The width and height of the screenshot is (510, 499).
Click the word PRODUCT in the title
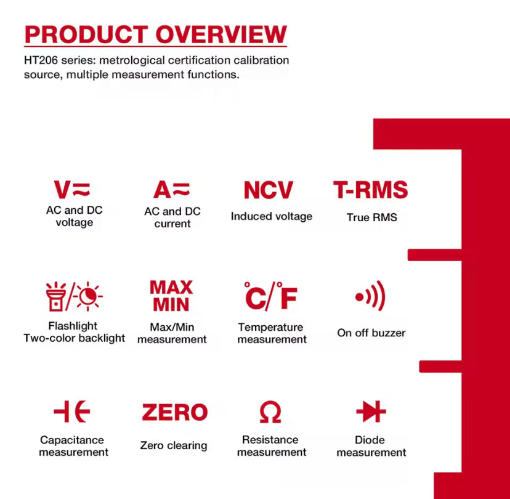[86, 34]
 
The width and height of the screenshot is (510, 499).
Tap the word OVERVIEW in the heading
[222, 34]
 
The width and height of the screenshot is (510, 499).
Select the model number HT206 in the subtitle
[41, 60]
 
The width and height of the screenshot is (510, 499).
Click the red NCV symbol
[269, 190]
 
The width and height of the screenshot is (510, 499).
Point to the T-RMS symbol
[370, 190]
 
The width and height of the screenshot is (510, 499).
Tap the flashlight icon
[55, 296]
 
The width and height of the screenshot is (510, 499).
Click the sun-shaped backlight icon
[88, 296]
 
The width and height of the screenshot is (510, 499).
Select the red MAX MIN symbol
[171, 296]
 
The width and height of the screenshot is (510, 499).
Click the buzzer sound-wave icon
[371, 296]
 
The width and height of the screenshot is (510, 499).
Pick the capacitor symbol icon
[72, 412]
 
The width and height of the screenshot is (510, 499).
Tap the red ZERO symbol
[175, 412]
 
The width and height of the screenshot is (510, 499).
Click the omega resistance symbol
[270, 412]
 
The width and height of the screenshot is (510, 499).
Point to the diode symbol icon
[371, 412]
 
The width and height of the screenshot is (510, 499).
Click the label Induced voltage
[272, 216]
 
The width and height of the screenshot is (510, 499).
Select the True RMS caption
[372, 217]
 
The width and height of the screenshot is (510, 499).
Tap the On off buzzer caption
[371, 333]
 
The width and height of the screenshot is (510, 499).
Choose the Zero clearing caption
[174, 445]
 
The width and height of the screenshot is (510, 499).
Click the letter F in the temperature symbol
[288, 298]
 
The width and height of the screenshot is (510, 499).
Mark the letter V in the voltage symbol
[62, 190]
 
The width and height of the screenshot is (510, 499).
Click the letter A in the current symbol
[163, 190]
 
